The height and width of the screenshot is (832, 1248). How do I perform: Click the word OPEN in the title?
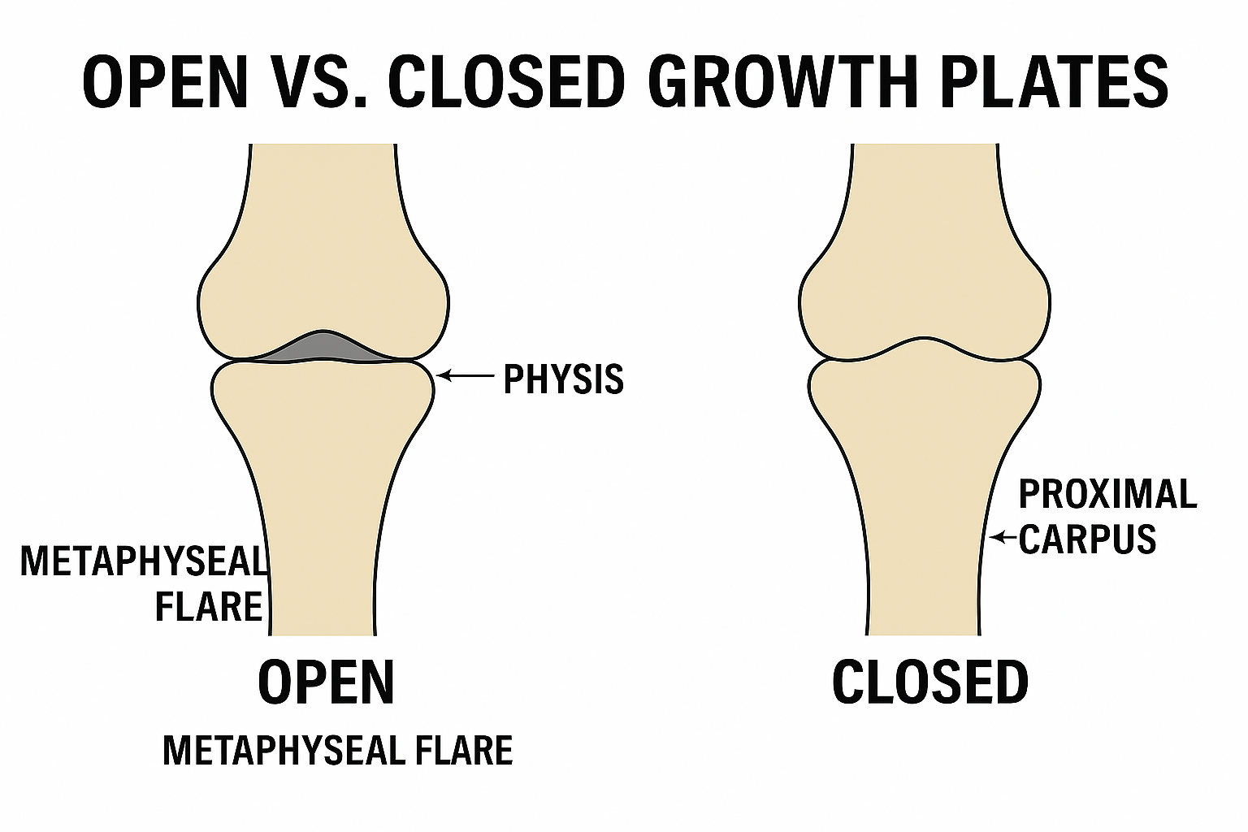pos(165,82)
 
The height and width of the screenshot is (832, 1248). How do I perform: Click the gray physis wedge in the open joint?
pos(323,347)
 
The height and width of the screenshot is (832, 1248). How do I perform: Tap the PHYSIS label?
pos(563,379)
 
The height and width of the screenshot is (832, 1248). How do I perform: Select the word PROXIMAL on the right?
pos(1107,493)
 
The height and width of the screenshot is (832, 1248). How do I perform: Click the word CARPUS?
pos(1088,538)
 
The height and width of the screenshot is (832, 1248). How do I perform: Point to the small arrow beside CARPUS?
pos(1003,537)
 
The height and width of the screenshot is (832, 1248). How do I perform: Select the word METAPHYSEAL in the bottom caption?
pos(283,750)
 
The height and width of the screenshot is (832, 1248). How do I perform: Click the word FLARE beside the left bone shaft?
pos(209,606)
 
